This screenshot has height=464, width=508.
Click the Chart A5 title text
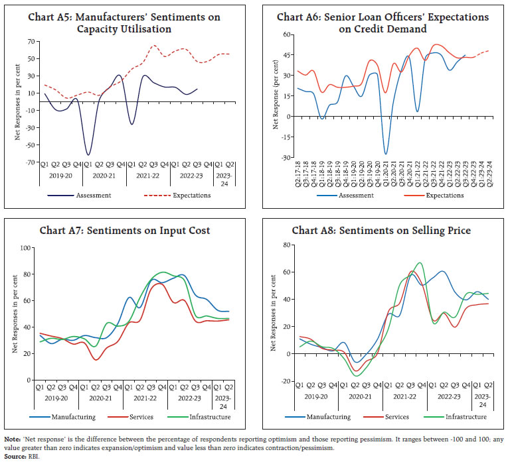124,23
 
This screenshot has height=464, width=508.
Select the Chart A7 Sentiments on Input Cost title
124,230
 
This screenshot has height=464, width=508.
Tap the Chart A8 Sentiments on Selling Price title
381,230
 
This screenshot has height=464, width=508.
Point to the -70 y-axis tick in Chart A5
32,162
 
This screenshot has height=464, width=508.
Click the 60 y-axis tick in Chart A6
287,34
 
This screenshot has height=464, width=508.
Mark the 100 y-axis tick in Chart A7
27,248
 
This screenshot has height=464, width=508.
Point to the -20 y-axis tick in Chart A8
286,381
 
